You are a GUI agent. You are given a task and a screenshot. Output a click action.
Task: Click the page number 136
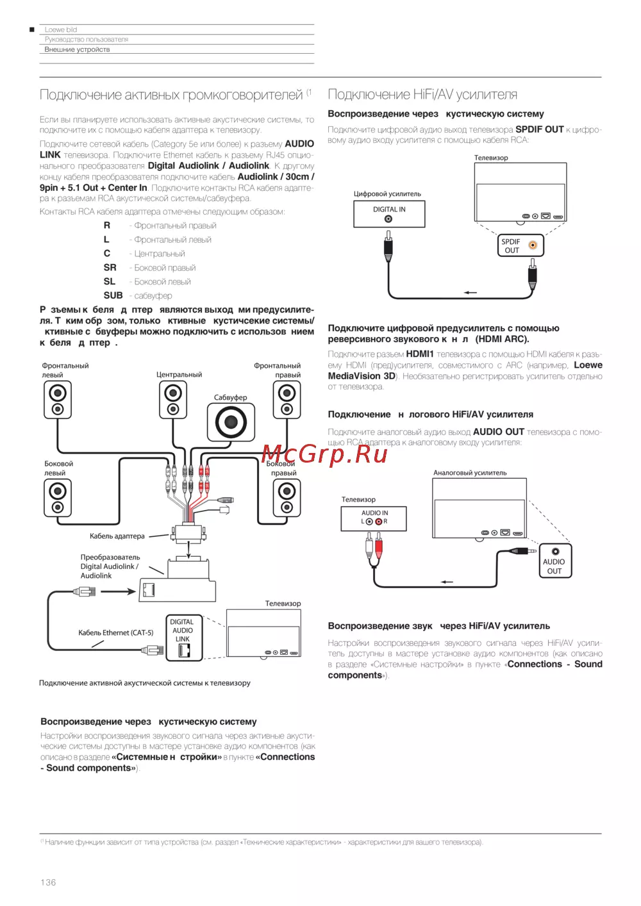pyautogui.click(x=48, y=882)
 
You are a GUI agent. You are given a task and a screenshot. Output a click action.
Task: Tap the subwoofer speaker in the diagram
pyautogui.click(x=231, y=422)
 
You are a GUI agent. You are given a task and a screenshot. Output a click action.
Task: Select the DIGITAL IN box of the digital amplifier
pyautogui.click(x=389, y=214)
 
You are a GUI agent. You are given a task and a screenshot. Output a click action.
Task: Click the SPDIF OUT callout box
pyautogui.click(x=520, y=245)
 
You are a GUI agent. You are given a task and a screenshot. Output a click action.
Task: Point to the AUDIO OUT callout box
pyautogui.click(x=555, y=561)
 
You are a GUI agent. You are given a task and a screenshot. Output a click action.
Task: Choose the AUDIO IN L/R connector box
pyautogui.click(x=374, y=518)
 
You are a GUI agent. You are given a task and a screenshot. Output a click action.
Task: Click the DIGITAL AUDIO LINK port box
pyautogui.click(x=183, y=638)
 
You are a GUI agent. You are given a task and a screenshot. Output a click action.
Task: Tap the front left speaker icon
pyautogui.click(x=58, y=400)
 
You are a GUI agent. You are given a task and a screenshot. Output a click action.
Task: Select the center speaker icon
pyautogui.click(x=172, y=400)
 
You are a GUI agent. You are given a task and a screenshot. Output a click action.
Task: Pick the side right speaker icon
pyautogui.click(x=287, y=498)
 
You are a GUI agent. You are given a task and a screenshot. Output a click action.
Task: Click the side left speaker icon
pyautogui.click(x=58, y=498)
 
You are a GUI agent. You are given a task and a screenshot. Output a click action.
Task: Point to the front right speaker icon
pyautogui.click(x=287, y=400)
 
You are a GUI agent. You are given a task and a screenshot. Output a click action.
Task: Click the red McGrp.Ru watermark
pyautogui.click(x=324, y=454)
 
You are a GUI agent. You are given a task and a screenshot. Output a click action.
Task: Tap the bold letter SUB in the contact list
pyautogui.click(x=113, y=295)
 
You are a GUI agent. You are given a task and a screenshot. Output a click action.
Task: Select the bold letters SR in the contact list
pyautogui.click(x=110, y=268)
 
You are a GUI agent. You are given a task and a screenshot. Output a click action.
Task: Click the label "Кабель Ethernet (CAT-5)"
pyautogui.click(x=116, y=632)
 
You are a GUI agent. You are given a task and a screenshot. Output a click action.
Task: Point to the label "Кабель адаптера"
pyautogui.click(x=117, y=536)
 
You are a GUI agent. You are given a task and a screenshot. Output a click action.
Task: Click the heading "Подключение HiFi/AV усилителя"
pyautogui.click(x=422, y=95)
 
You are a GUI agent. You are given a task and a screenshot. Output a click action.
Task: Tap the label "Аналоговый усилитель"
pyautogui.click(x=470, y=473)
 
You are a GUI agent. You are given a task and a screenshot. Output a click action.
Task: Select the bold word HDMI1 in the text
pyautogui.click(x=420, y=354)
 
